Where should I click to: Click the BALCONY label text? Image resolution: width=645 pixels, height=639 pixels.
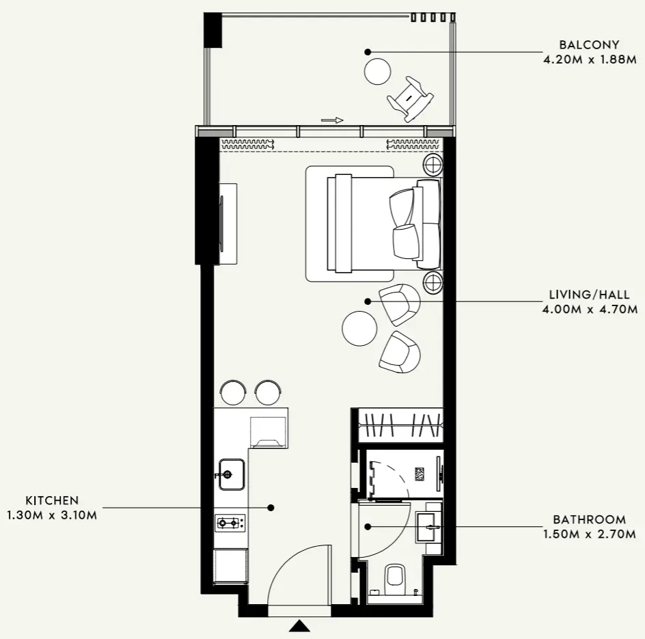click(579, 45)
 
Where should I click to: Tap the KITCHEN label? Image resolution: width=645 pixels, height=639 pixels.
click(53, 501)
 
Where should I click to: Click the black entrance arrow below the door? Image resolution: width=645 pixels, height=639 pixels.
click(299, 626)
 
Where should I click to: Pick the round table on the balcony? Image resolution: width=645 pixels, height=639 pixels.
click(377, 70)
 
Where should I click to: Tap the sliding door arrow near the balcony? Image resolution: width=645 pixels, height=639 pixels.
click(332, 120)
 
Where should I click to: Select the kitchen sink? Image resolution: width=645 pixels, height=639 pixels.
click(232, 473)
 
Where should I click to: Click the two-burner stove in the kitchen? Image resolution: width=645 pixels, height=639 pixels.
click(230, 524)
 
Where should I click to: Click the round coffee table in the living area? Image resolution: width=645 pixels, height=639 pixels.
click(359, 329)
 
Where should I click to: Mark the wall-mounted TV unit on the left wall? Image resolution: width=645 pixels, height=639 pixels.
click(227, 223)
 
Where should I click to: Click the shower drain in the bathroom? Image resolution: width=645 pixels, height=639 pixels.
click(420, 474)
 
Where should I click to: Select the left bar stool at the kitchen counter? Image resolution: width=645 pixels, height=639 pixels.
click(233, 392)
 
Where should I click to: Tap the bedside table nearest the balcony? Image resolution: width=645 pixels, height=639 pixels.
click(433, 163)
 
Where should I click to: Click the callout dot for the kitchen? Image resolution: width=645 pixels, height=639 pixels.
click(271, 508)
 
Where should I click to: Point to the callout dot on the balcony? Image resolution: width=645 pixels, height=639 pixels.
click(367, 52)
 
